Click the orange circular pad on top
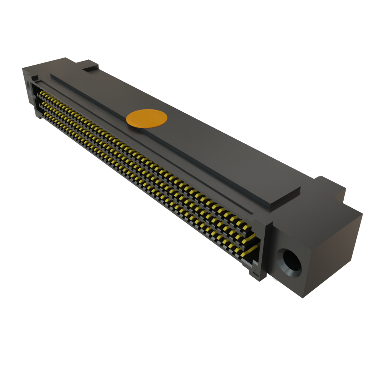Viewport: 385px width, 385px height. [x=146, y=118]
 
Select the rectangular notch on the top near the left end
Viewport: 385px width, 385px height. [x=91, y=69]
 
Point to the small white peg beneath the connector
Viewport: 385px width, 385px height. [x=275, y=280]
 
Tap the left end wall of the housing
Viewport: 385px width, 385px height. [x=28, y=90]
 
